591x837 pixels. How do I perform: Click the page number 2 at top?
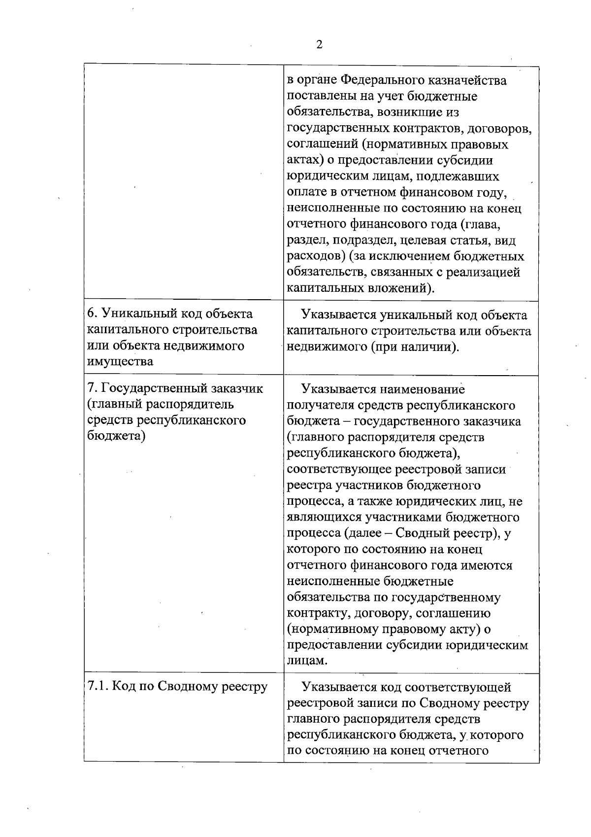319,45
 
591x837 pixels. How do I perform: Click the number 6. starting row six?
92,314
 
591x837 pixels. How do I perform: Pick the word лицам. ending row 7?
307,661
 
